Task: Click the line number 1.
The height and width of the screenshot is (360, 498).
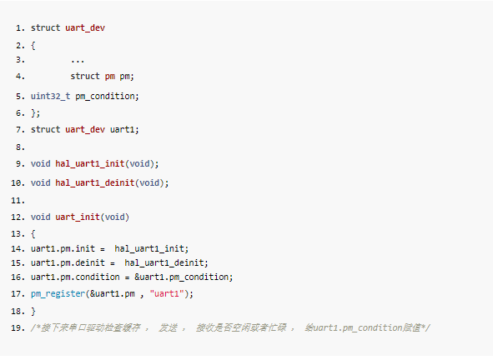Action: tap(20, 28)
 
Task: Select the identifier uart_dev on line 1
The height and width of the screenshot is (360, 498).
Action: tap(85, 27)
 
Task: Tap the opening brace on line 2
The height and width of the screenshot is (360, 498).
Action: tap(33, 46)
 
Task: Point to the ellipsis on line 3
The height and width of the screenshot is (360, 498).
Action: tap(78, 61)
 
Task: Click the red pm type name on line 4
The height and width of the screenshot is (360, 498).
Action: tap(110, 77)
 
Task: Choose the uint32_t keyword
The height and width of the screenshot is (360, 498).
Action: tap(51, 97)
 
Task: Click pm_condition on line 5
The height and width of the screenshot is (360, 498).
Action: tap(105, 97)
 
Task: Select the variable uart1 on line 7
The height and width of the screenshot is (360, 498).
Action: tap(123, 129)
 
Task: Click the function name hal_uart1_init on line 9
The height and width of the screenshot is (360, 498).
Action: tap(90, 163)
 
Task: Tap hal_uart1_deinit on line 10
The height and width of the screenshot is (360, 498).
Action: tap(95, 183)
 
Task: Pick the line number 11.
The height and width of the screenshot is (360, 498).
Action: tap(18, 201)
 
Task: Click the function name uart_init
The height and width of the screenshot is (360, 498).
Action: tap(78, 217)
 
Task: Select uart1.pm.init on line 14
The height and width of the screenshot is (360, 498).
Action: tap(63, 248)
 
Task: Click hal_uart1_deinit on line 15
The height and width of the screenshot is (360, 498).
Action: tap(164, 263)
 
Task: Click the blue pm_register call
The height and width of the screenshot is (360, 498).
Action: tap(58, 294)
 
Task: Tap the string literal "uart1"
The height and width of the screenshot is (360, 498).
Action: tap(167, 293)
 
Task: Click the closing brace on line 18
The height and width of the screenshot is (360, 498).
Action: tap(33, 311)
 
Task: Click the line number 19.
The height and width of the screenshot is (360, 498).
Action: tap(18, 328)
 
